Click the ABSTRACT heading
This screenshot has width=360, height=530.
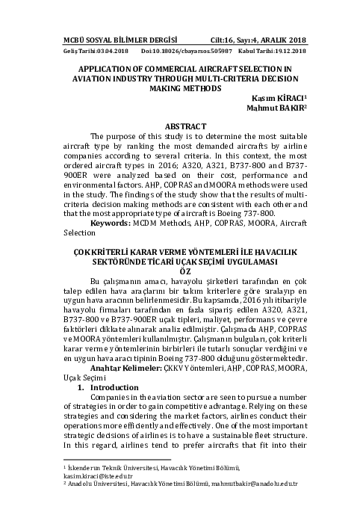click(x=180, y=127)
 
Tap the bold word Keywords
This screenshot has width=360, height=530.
click(x=110, y=224)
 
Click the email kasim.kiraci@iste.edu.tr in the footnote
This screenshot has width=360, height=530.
click(x=97, y=475)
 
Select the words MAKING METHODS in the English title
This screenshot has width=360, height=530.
click(x=180, y=87)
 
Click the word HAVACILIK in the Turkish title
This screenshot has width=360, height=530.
click(x=271, y=252)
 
